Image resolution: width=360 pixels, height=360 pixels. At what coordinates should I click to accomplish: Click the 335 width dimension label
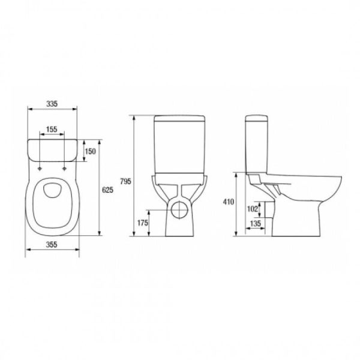pos(52,104)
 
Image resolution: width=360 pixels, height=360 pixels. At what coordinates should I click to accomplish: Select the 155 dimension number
pos(52,129)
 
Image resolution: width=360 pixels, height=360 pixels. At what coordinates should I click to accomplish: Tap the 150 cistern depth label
pos(90,151)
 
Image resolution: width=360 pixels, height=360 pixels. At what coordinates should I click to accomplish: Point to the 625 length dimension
pos(107,190)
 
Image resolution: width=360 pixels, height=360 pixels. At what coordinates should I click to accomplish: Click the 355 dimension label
pos(52,245)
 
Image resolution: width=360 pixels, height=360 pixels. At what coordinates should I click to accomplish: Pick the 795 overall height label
pos(125,181)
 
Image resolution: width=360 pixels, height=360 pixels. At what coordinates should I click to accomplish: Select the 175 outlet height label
pos(143,223)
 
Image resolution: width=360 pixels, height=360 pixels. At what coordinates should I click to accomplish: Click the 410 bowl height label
pos(229,202)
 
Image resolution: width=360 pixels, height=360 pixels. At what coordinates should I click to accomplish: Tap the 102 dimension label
pos(253,209)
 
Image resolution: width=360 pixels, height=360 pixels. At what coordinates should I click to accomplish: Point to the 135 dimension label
pos(256,223)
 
